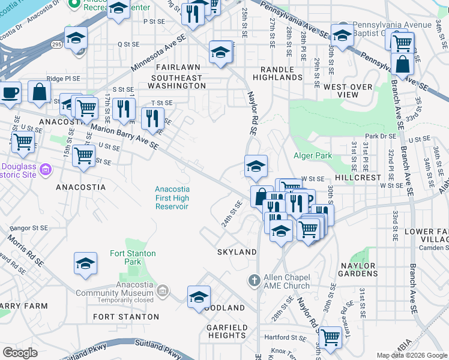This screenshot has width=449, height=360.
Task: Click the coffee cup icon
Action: click(10, 93)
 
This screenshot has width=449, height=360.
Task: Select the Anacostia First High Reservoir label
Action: click(172, 197)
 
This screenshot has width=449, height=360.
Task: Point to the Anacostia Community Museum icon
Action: click(161, 292)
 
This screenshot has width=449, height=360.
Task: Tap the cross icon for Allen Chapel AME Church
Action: click(255, 280)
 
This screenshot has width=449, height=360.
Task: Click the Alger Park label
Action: click(312, 155)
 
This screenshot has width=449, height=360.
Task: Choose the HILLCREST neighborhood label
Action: click(358, 178)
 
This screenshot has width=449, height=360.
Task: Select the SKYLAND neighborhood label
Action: click(237, 252)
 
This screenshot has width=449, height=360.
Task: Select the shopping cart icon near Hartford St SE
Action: click(330, 337)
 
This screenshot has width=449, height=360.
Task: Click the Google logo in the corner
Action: click(20, 353)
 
